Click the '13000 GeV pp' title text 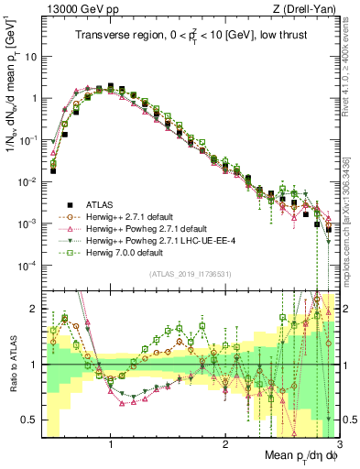pos(75,8)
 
